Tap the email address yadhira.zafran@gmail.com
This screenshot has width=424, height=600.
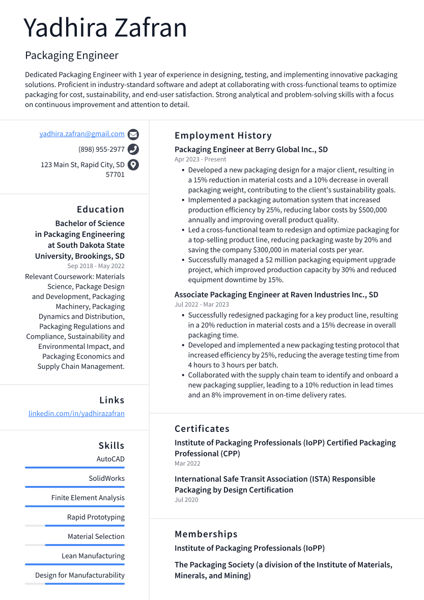coord(82,134)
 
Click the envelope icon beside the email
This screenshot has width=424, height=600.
coord(133,134)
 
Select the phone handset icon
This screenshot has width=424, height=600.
coord(133,149)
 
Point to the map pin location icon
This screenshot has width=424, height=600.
coord(133,165)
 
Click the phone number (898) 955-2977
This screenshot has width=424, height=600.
coord(101,149)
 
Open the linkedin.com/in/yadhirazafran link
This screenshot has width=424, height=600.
coord(76,414)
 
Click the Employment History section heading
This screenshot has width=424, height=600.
coord(223,135)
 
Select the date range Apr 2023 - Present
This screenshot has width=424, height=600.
coord(200,159)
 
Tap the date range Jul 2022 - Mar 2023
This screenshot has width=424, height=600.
coord(202,305)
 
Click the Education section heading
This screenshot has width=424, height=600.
coord(100,209)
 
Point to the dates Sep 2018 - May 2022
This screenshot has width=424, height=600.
coord(96,266)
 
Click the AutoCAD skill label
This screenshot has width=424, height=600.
coord(110,459)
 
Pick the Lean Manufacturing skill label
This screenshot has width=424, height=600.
coord(93,556)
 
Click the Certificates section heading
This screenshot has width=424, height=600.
coord(202,429)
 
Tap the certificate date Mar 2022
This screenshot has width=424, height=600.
coord(187,463)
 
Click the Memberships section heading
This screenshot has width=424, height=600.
coord(206,534)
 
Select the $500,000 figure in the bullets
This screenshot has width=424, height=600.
coord(370,210)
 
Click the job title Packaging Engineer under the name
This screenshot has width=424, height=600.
coord(72,56)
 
